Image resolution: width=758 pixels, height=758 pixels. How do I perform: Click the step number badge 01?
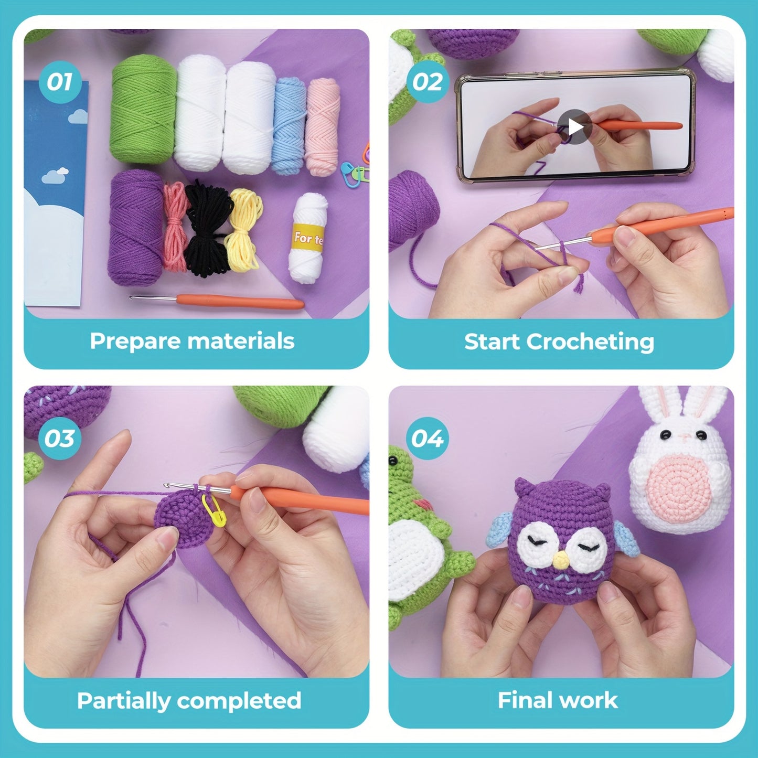click(59, 82)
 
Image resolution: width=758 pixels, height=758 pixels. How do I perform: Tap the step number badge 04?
click(427, 439)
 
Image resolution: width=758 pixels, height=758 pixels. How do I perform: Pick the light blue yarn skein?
click(290, 126)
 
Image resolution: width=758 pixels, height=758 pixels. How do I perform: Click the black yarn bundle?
click(209, 228)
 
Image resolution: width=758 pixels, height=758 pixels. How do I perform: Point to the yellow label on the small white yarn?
click(308, 239)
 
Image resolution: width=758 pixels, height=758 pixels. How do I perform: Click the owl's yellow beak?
click(560, 561)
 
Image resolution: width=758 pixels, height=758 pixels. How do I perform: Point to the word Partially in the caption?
click(121, 701)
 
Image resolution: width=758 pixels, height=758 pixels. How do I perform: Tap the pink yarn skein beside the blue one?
click(323, 127)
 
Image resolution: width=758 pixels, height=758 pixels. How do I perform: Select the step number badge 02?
click(427, 82)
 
